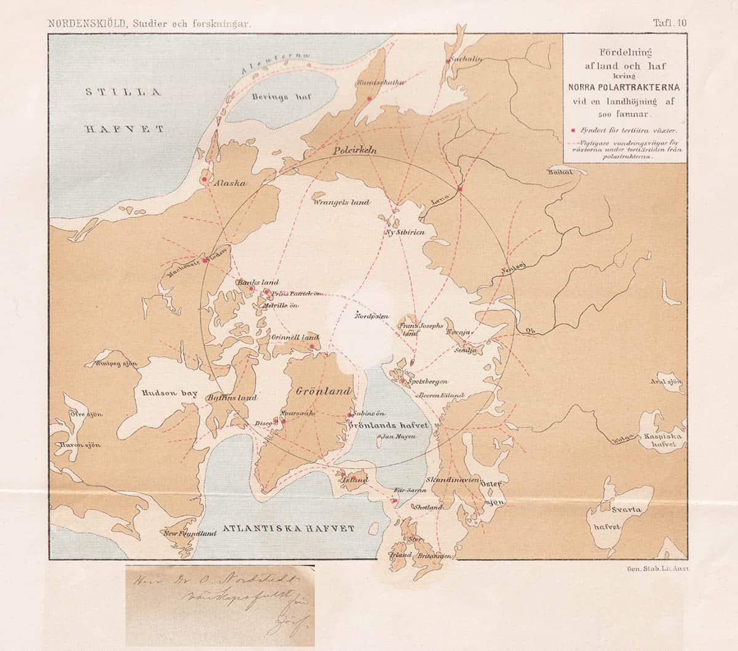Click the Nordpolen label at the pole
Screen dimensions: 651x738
[x=372, y=316]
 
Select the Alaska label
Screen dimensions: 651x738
[x=229, y=183]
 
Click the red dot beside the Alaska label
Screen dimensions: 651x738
[x=204, y=180]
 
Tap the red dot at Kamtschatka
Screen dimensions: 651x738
[x=369, y=98]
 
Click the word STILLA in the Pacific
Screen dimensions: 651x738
[x=123, y=93]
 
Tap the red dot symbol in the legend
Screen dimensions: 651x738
[x=573, y=130]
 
